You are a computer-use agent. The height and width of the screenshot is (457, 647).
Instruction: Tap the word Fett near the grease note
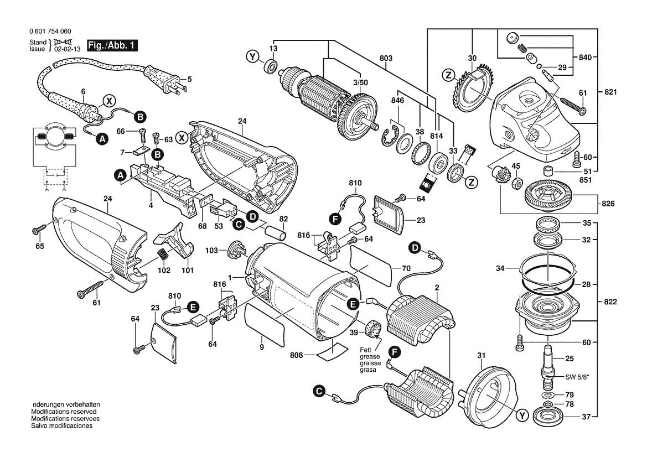366,350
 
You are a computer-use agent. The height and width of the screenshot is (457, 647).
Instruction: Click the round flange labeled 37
548,417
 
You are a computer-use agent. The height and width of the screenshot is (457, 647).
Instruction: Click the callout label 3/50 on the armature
360,82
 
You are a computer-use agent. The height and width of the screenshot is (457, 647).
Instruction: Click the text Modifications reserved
64,412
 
